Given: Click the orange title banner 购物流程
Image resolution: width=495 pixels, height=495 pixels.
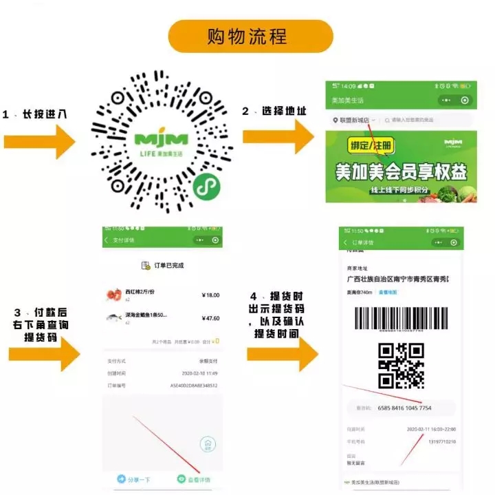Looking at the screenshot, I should [x=247, y=36].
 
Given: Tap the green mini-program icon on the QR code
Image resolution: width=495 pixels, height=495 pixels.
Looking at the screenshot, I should [x=203, y=187].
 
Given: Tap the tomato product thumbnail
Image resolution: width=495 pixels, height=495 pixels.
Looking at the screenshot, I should [x=114, y=295].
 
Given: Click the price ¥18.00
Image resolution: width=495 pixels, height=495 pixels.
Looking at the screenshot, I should [x=210, y=295].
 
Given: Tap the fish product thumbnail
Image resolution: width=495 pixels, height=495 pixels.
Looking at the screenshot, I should [x=114, y=317].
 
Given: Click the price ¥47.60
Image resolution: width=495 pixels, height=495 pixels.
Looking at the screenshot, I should [x=210, y=318].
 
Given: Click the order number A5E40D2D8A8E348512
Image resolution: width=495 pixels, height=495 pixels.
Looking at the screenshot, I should [x=195, y=386].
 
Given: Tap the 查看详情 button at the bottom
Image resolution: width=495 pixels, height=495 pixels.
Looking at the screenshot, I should [x=194, y=479].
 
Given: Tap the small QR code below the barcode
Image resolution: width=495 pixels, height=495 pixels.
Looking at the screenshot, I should [x=401, y=365].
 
